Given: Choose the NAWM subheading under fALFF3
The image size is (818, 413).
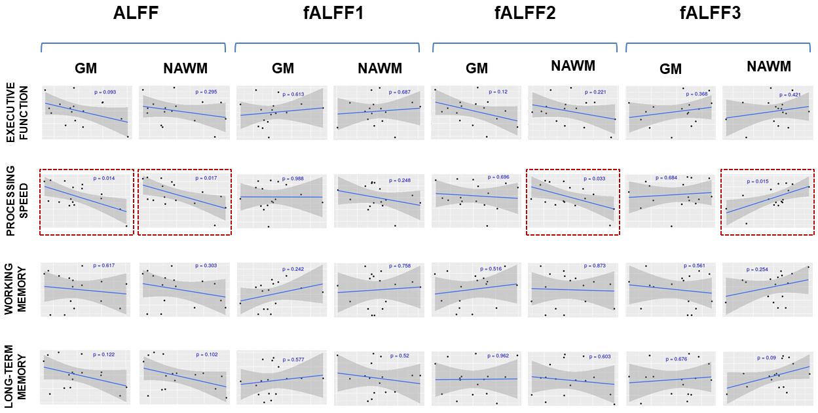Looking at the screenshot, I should pos(768,66).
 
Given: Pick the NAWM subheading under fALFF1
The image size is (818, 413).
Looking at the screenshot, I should pos(380,68).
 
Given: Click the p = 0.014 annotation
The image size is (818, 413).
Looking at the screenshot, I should pos(105,178).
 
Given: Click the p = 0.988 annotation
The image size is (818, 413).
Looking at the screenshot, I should pos(293,179).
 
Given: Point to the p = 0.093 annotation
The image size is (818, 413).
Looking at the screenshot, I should pos(105,92).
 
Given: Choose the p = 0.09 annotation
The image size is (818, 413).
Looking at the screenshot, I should pos(767,357).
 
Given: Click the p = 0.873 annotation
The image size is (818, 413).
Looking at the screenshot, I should pos(595,266).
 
